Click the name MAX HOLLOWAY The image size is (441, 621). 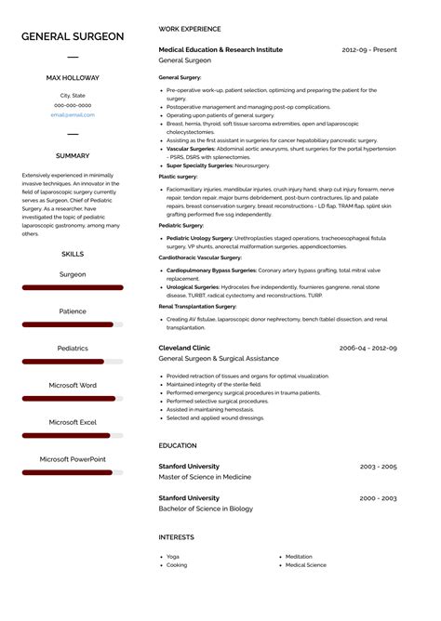[73, 78]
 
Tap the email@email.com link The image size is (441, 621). [73, 114]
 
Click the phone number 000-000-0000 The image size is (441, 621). [73, 105]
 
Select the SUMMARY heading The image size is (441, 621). [73, 156]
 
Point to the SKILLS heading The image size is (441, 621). [73, 254]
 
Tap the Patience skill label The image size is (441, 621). [73, 311]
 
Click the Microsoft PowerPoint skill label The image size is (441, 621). [73, 459]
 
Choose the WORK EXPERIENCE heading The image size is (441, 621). [190, 30]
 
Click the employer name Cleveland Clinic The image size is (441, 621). [184, 348]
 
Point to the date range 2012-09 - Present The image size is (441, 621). [369, 50]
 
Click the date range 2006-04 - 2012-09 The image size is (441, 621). [367, 348]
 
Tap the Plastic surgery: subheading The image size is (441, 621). [178, 177]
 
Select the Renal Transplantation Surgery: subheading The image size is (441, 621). [197, 305]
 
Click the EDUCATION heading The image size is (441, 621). [178, 446]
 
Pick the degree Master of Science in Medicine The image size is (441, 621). [205, 477]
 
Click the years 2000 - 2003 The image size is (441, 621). [378, 498]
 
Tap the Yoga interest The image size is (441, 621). [173, 556]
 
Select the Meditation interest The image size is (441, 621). [299, 556]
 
